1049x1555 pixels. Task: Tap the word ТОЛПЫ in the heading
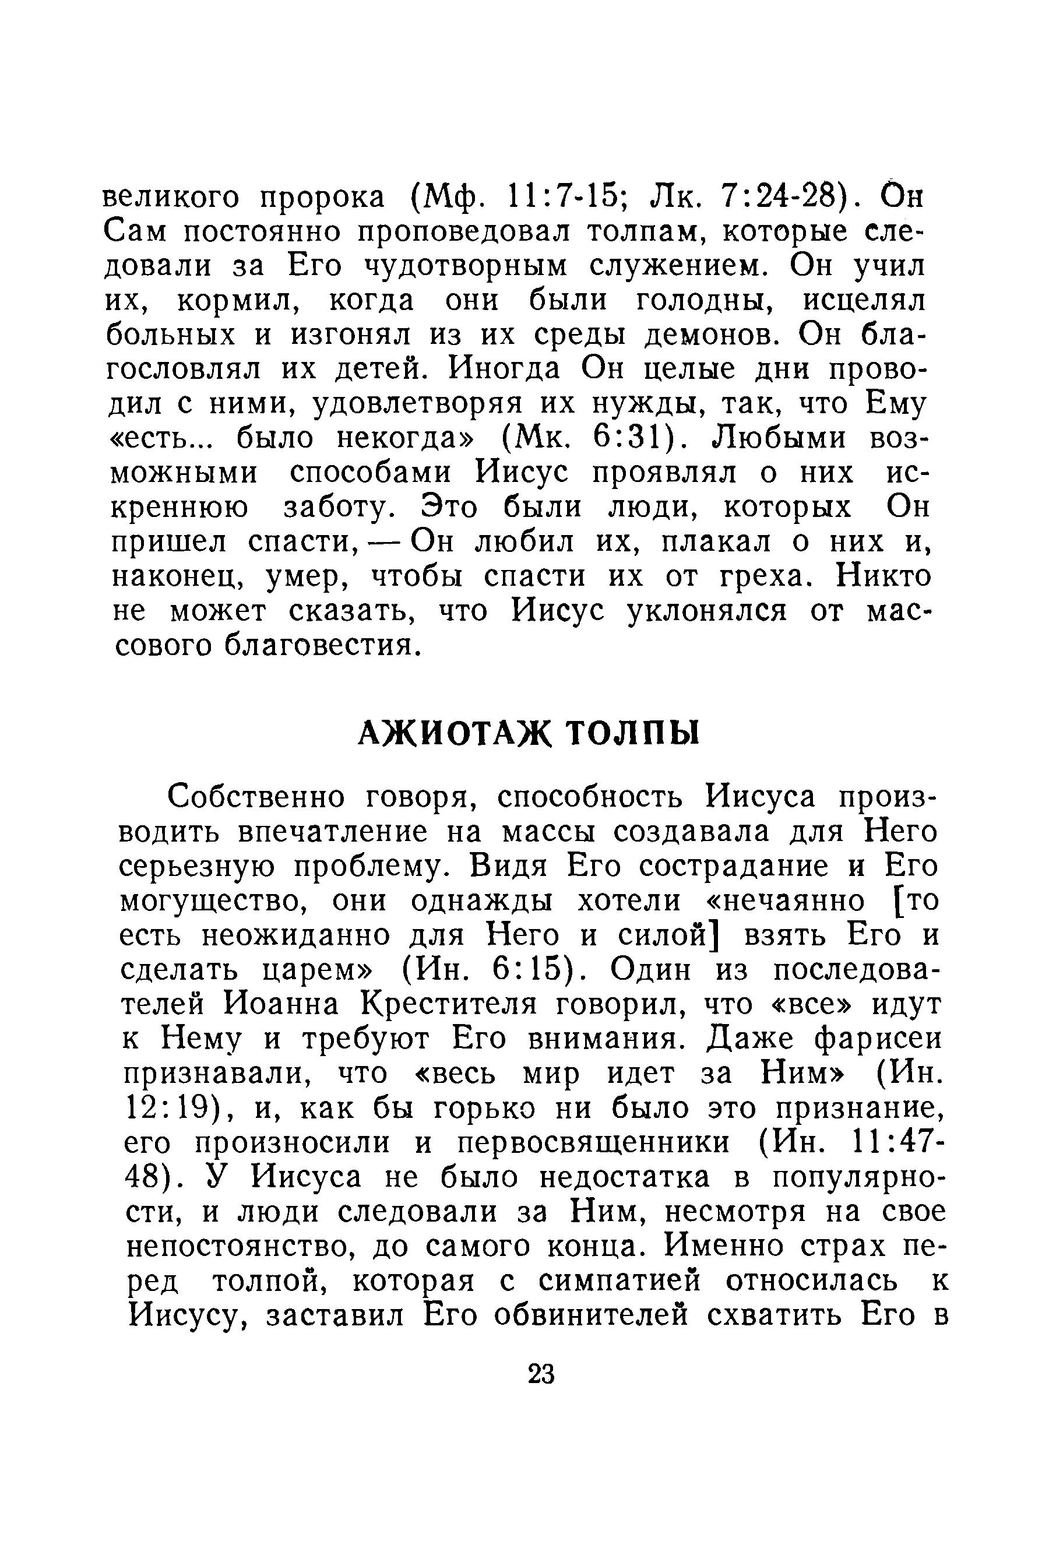633,734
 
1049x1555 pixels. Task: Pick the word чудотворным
465,266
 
